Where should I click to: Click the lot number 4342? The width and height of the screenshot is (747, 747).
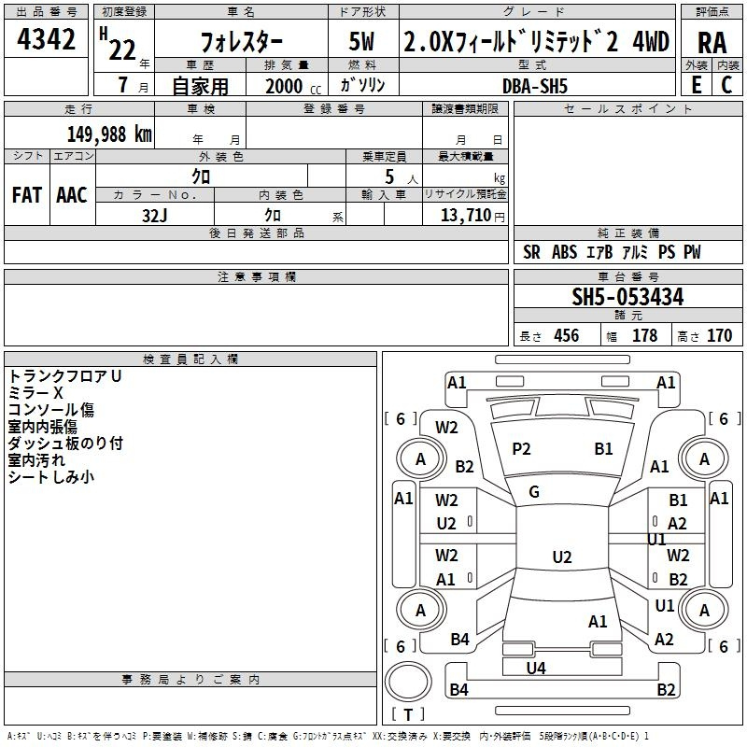[x=46, y=39]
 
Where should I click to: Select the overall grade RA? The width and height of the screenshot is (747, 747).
[x=712, y=43]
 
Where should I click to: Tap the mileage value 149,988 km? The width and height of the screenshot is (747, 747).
[x=109, y=134]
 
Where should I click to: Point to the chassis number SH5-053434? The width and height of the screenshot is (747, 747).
[x=627, y=297]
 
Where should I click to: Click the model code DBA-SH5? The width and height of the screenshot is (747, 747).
[x=535, y=86]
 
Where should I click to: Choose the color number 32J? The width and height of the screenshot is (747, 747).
[x=154, y=216]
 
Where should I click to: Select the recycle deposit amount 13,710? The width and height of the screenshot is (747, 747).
[x=465, y=215]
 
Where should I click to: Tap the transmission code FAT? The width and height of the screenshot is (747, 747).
[x=27, y=195]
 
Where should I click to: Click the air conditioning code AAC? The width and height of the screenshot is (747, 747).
[x=72, y=195]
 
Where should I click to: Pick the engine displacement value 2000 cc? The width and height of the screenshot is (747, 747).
[x=293, y=86]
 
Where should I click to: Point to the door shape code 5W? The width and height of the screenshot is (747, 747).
[x=361, y=41]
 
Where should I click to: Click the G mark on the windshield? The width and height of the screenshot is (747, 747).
[x=534, y=492]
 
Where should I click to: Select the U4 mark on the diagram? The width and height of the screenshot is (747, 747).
[x=536, y=668]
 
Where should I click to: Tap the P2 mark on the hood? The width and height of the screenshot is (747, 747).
[x=521, y=449]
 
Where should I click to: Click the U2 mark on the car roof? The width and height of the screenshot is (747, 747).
[x=562, y=557]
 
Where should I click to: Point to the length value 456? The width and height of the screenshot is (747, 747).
[x=567, y=335]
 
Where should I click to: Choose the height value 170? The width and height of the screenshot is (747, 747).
[x=719, y=335]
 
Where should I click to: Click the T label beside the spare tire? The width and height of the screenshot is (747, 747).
[x=408, y=714]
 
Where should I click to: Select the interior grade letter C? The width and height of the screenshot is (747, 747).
[x=726, y=85]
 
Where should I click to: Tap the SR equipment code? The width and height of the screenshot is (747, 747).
[x=531, y=251]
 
